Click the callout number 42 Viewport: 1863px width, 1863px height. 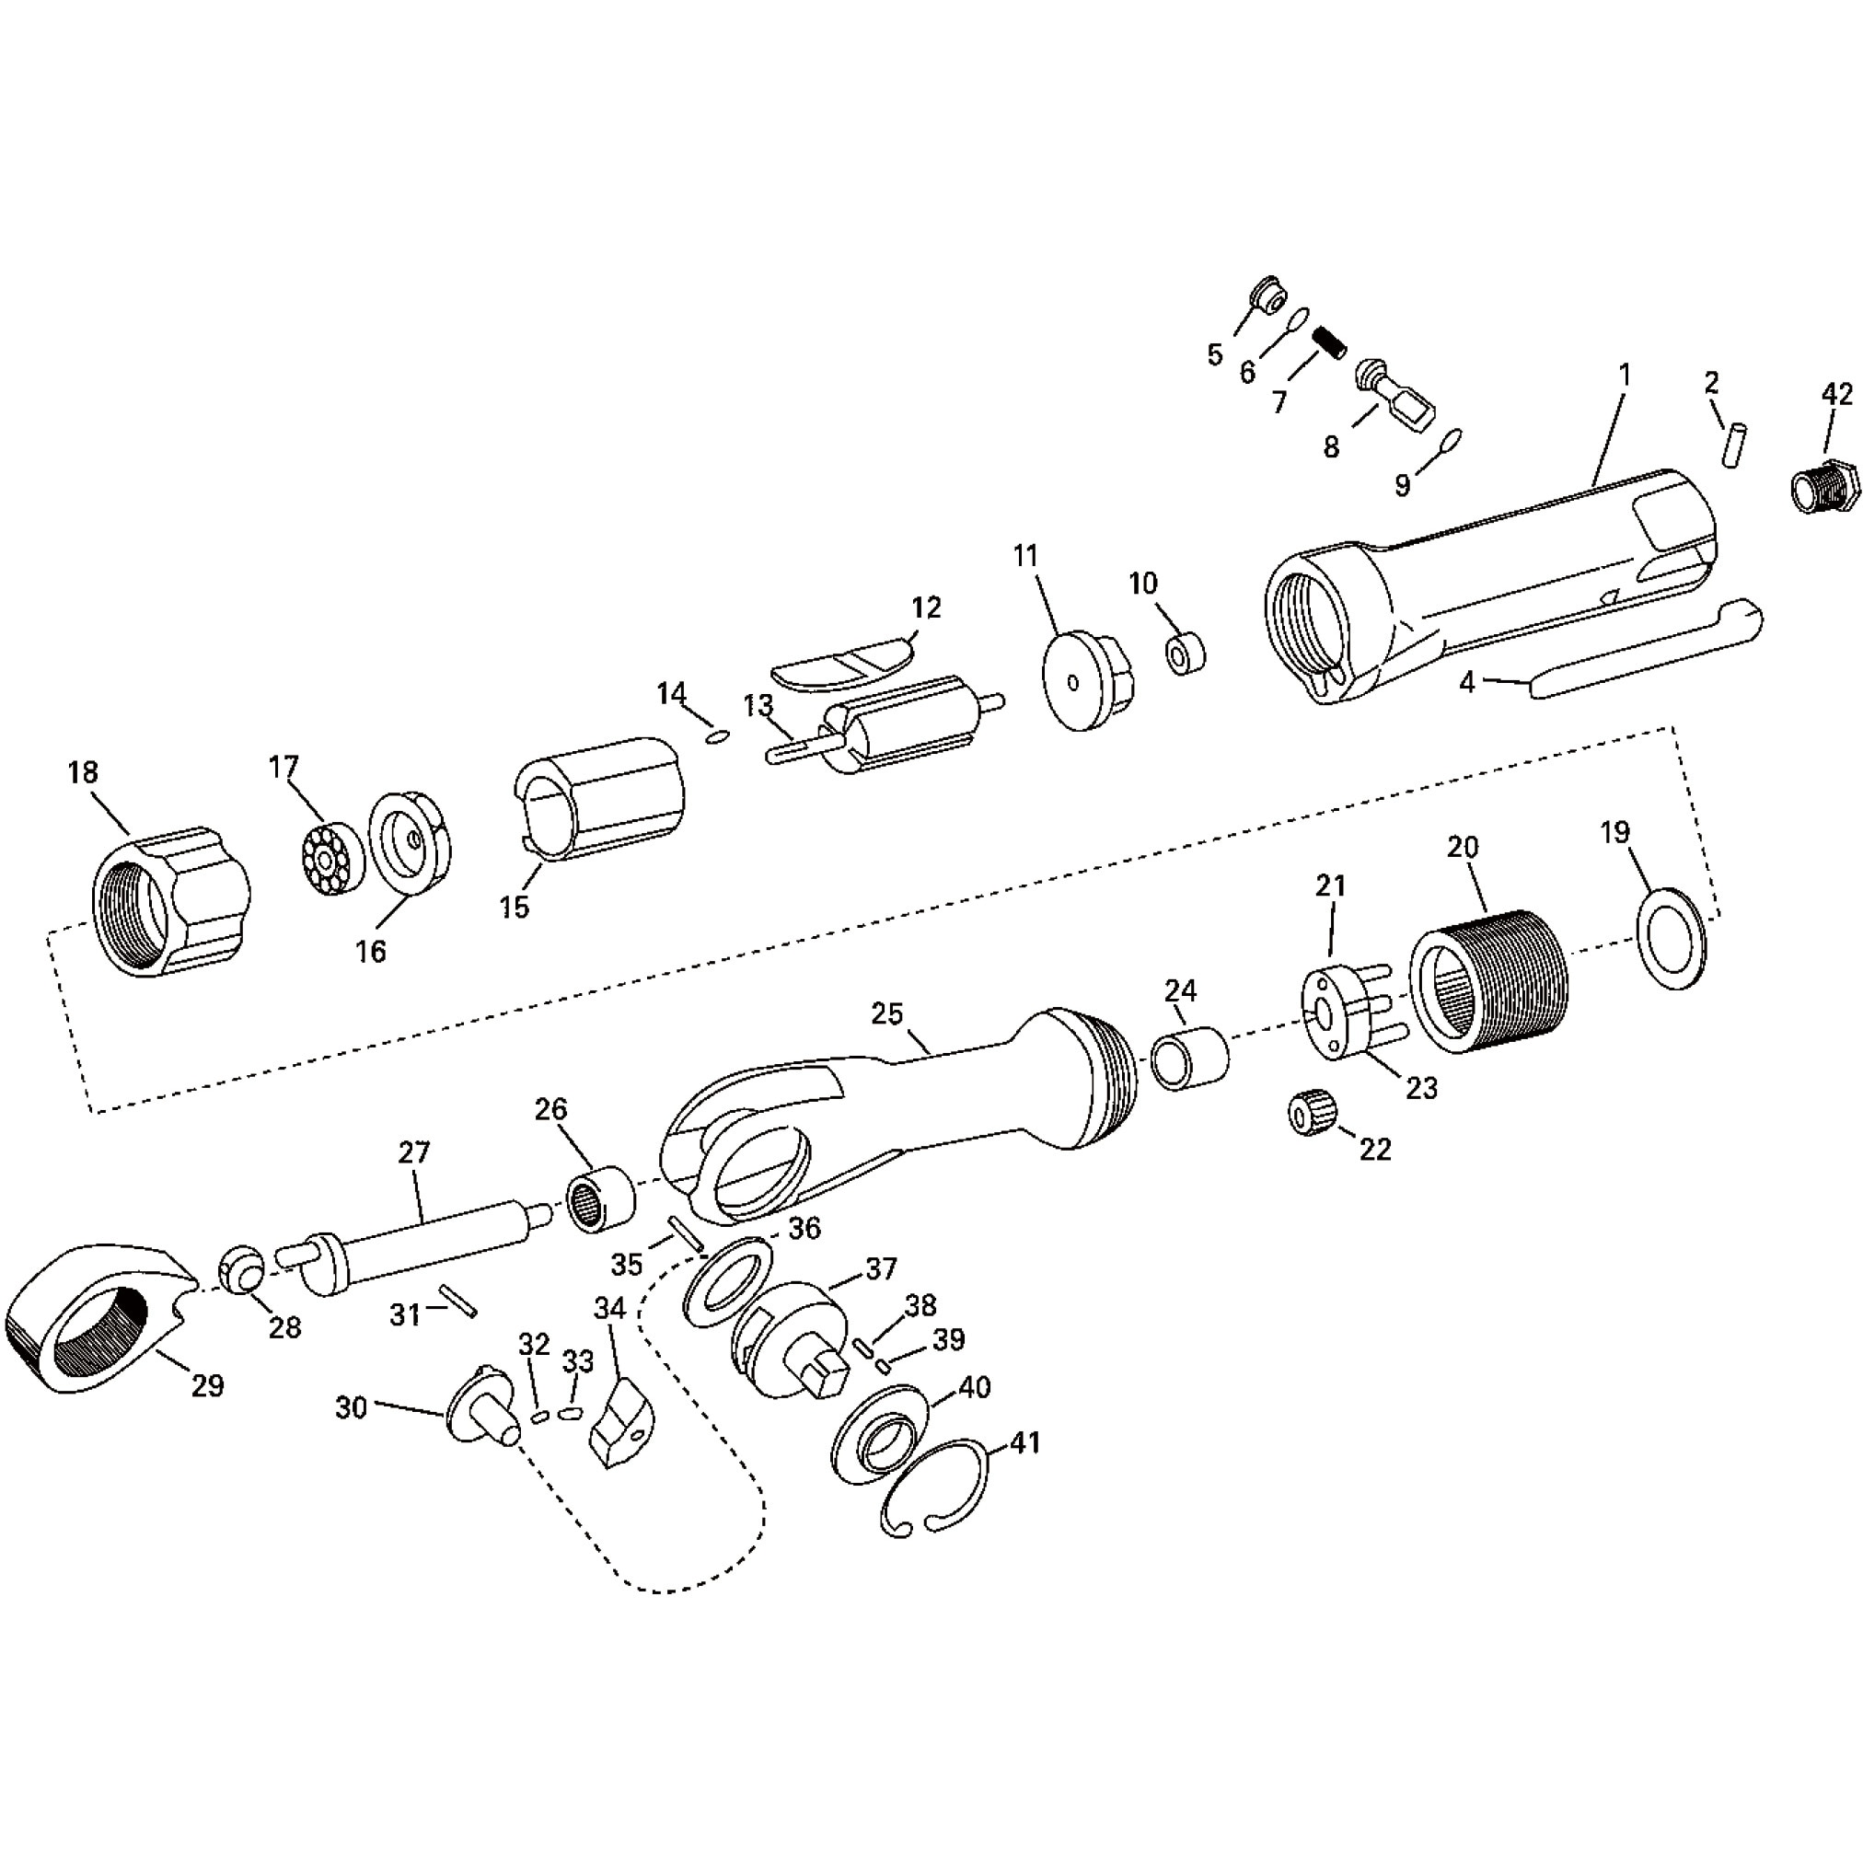[x=1836, y=394]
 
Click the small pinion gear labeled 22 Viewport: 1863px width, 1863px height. [x=1313, y=1116]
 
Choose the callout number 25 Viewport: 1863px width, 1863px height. [x=886, y=1013]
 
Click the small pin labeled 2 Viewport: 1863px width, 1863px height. [x=1735, y=444]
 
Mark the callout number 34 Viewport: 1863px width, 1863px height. [x=609, y=1309]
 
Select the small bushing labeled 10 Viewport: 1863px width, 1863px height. [x=1186, y=654]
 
